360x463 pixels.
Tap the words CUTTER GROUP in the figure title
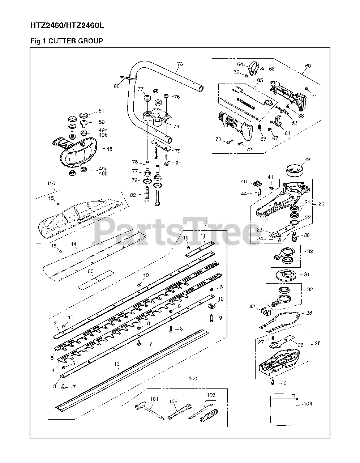tap(76, 41)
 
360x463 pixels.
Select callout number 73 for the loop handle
tap(180, 64)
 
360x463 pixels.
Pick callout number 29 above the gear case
tap(307, 160)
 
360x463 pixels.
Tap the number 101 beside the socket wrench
tap(154, 399)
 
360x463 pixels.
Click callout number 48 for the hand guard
tap(109, 148)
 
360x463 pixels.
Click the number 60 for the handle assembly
tap(308, 66)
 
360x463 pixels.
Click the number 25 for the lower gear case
tap(317, 343)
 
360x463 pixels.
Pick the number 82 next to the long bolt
tap(133, 195)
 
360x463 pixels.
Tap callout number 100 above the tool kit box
tap(193, 378)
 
